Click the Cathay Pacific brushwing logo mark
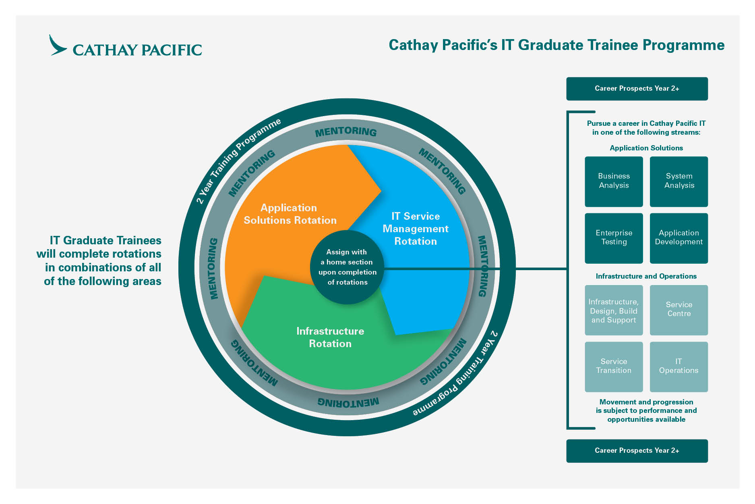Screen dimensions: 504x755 click(57, 46)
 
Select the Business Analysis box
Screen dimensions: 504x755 click(614, 181)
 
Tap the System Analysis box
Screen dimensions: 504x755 click(679, 181)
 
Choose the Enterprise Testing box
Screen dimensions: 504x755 click(614, 238)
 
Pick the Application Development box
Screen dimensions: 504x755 click(679, 238)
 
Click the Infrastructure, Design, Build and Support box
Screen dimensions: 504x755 click(614, 310)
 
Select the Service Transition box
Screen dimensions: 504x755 click(614, 366)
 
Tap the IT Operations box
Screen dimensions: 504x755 click(679, 366)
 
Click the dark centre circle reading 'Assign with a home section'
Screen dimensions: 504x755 click(347, 267)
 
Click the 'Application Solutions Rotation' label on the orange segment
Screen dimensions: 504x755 click(290, 214)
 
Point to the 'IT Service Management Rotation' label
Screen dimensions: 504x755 click(416, 229)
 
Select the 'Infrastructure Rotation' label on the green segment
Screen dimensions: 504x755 click(330, 337)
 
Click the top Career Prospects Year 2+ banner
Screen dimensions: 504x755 click(637, 89)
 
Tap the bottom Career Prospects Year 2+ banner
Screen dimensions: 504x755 click(637, 451)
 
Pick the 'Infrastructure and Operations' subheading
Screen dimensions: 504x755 click(646, 276)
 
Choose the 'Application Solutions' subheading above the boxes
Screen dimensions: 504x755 click(646, 148)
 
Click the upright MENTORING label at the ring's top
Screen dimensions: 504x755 click(346, 132)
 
